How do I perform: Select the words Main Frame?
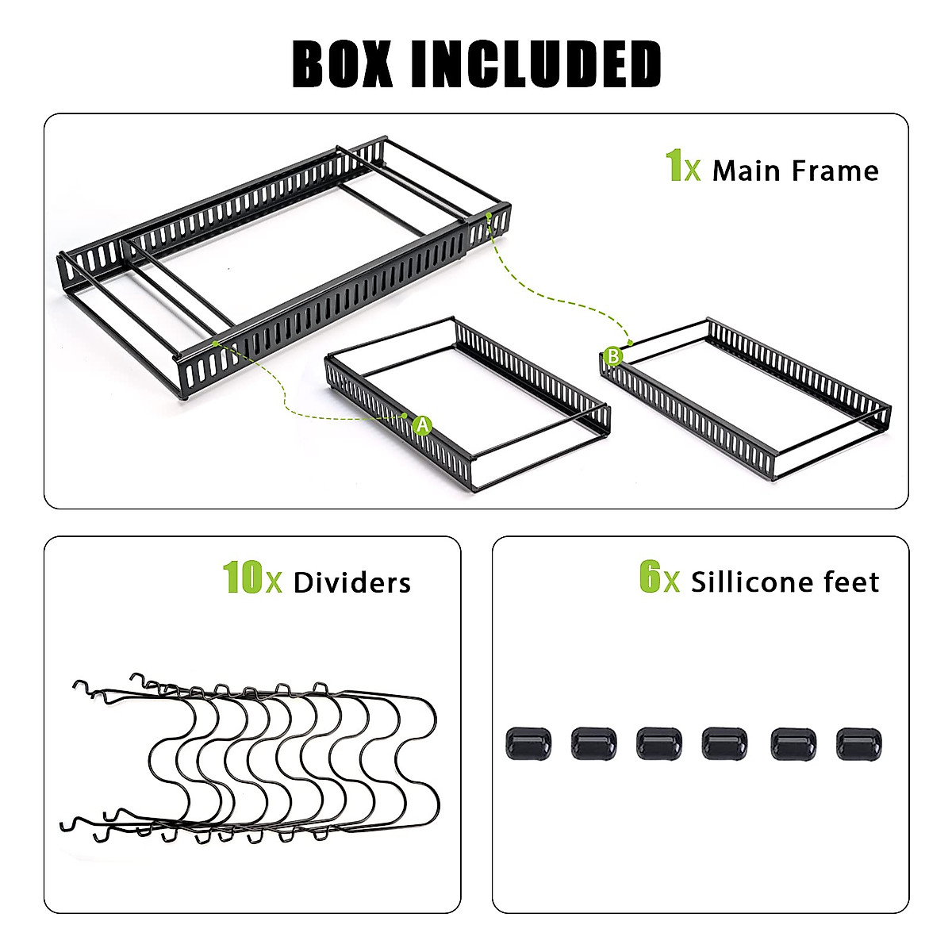click(x=795, y=171)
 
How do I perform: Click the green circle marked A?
click(x=422, y=425)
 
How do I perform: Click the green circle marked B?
click(x=612, y=356)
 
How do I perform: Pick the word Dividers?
click(x=351, y=583)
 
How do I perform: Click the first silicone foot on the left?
click(x=527, y=743)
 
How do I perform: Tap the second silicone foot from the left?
click(x=593, y=743)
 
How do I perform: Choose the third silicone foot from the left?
click(x=658, y=743)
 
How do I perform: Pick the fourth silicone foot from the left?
click(x=724, y=743)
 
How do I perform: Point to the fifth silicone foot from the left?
click(x=793, y=743)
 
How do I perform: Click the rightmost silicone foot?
click(x=858, y=743)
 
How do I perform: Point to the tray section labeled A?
click(x=468, y=405)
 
